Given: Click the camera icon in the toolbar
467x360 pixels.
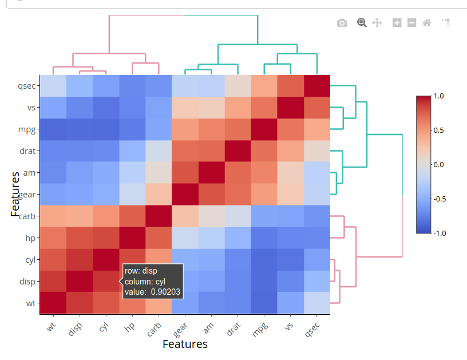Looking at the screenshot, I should (x=342, y=23).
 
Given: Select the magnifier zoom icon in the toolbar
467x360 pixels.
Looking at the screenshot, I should (x=362, y=22).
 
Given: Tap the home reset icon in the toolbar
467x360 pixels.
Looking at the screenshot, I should (x=426, y=23).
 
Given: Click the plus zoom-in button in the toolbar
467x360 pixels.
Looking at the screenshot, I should (x=397, y=23).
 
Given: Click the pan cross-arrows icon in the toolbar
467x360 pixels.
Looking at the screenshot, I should (x=377, y=23).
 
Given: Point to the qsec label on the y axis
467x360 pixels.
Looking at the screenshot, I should (x=27, y=86).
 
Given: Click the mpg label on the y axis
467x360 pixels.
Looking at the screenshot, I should (x=27, y=129).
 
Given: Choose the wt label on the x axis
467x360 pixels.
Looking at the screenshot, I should (x=51, y=326).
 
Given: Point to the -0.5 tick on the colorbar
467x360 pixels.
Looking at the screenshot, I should (x=442, y=199).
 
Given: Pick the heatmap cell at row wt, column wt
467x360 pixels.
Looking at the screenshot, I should (x=53, y=303).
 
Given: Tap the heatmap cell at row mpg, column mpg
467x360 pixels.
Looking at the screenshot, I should (x=264, y=129).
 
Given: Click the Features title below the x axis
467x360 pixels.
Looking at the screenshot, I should (x=185, y=344).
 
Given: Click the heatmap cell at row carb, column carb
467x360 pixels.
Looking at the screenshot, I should (x=159, y=216).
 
